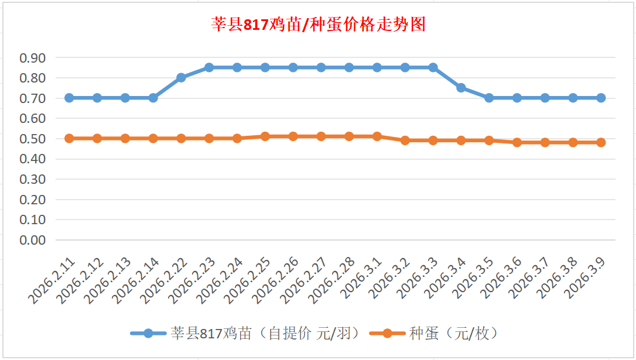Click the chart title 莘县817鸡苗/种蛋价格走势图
click(318, 25)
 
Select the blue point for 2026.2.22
click(181, 77)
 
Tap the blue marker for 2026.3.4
click(461, 88)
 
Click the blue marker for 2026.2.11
click(69, 98)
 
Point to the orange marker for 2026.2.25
click(265, 136)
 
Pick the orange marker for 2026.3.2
click(405, 140)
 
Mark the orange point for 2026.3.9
click(601, 142)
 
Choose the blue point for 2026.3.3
click(433, 67)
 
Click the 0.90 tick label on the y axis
click(33, 58)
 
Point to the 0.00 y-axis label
click(33, 240)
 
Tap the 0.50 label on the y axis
click(33, 139)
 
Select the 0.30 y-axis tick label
click(33, 179)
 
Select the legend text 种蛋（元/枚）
click(453, 334)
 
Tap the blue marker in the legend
click(148, 334)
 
